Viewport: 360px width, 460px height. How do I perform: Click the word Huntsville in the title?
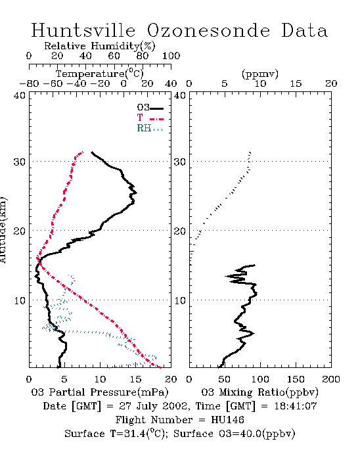coord(83,30)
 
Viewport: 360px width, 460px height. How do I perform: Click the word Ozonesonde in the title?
coord(208,30)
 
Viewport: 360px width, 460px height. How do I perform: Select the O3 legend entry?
coord(150,108)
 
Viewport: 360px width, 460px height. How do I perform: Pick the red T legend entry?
coord(150,118)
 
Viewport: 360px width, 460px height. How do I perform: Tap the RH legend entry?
coord(150,128)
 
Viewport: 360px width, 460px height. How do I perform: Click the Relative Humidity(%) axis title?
coord(100,46)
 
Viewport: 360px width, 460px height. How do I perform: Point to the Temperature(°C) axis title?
coord(100,74)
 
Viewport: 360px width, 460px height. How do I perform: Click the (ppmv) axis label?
coord(260,74)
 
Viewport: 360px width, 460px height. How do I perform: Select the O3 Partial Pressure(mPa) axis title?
coord(100,392)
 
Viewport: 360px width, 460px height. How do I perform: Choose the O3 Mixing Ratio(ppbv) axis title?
coord(259,392)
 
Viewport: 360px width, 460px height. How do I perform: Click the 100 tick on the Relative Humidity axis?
coord(171,56)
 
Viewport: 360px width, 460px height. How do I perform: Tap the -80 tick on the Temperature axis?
coord(30,83)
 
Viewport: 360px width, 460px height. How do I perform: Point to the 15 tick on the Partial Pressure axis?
coord(136,379)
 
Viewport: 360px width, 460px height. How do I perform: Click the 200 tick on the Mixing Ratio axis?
coord(331,379)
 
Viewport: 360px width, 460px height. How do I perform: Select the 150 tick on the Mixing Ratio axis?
coord(296,379)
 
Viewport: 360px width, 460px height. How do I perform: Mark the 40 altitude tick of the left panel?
coord(20,95)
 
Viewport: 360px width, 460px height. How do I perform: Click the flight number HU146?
coord(227,420)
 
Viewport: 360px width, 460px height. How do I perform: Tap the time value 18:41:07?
coord(296,406)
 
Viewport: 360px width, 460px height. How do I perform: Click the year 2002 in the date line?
coord(175,406)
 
